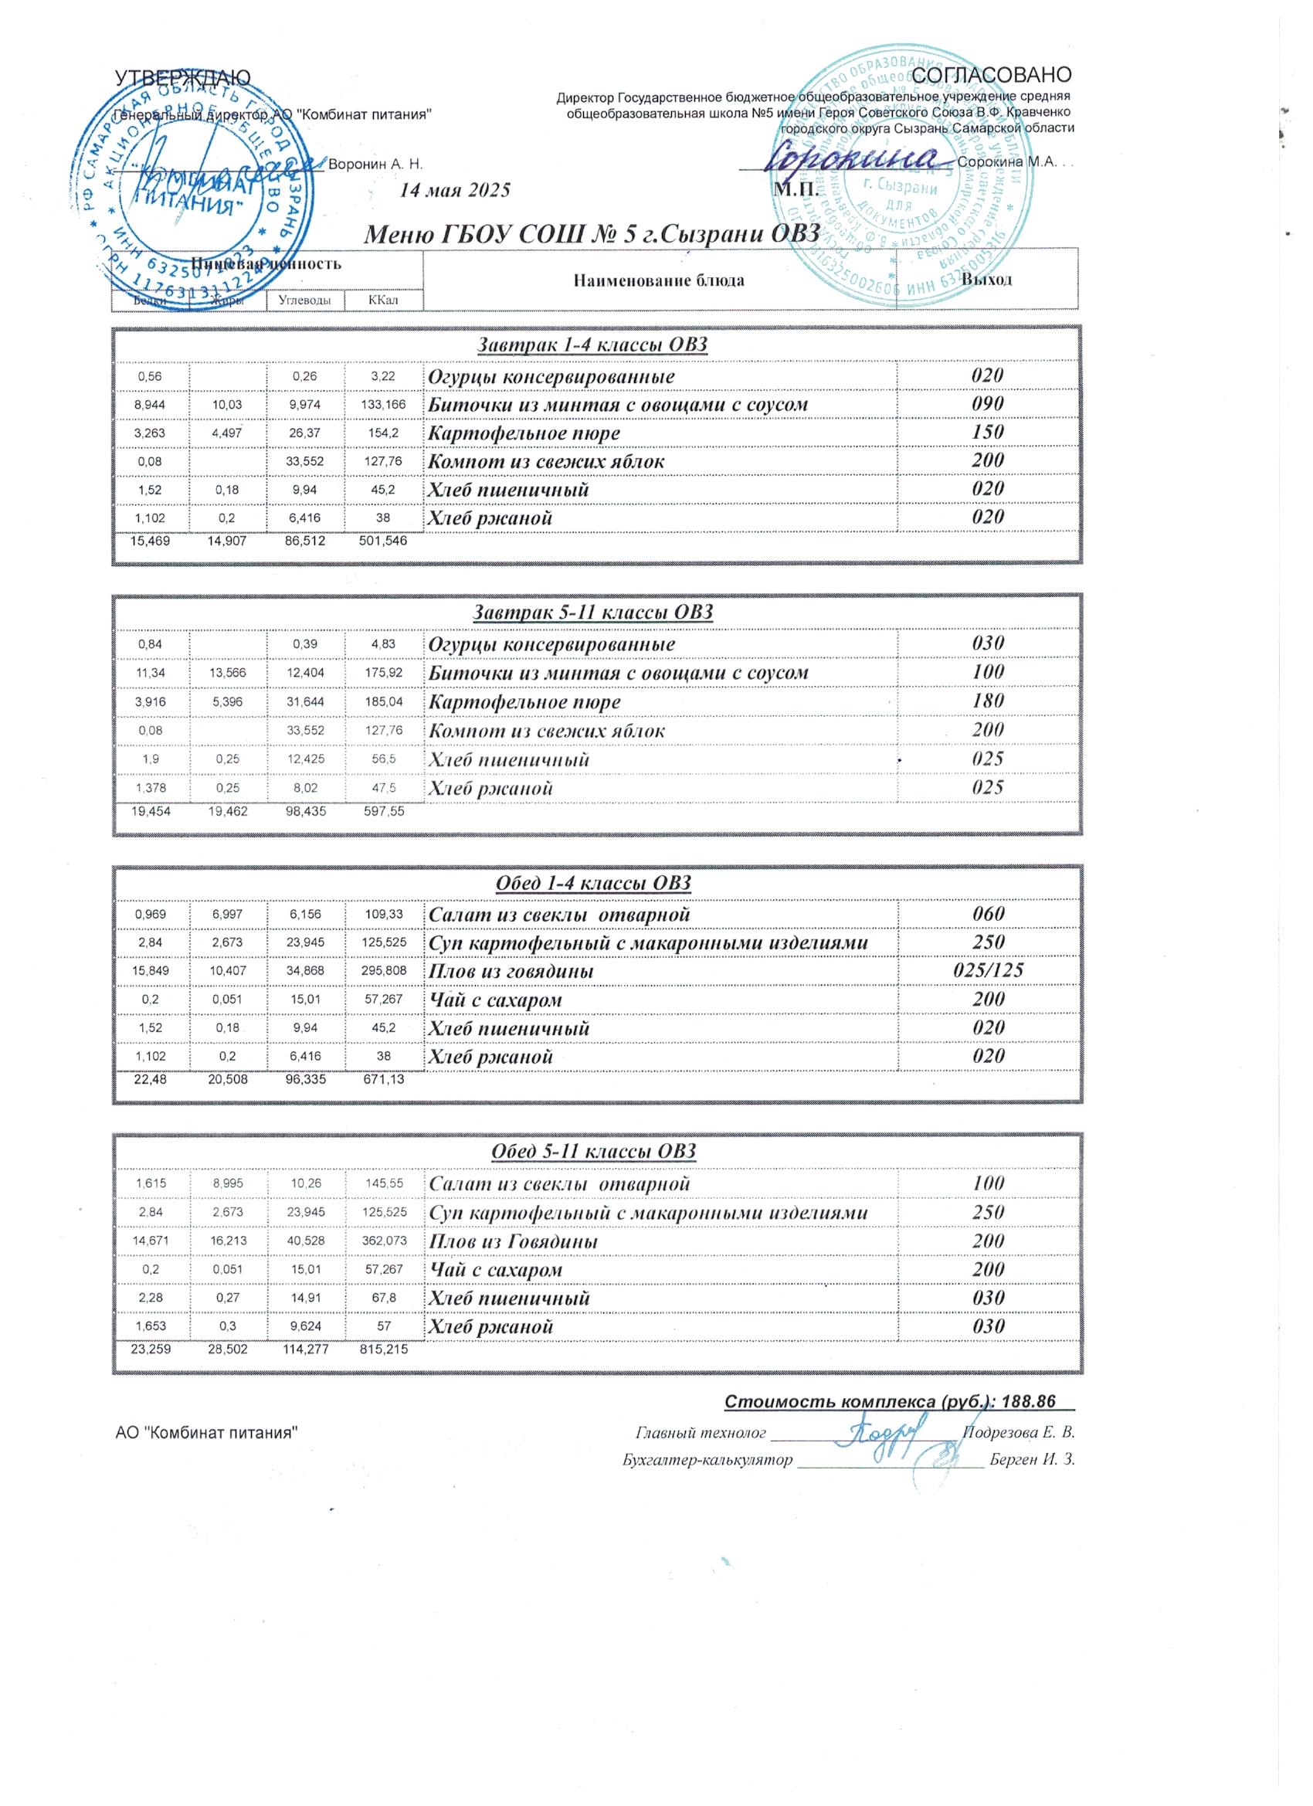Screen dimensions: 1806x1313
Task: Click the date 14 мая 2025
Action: click(x=455, y=190)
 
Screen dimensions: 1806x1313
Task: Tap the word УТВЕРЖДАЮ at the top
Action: click(x=183, y=77)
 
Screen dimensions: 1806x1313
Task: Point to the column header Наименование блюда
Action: click(x=659, y=280)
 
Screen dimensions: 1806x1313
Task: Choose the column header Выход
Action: click(x=986, y=280)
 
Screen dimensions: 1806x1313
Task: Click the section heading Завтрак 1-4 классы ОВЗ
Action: click(x=592, y=345)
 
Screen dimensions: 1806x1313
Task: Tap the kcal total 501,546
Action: click(x=383, y=541)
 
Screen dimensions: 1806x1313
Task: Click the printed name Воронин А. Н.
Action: click(x=375, y=164)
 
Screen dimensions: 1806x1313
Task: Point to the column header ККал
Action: click(x=383, y=300)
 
